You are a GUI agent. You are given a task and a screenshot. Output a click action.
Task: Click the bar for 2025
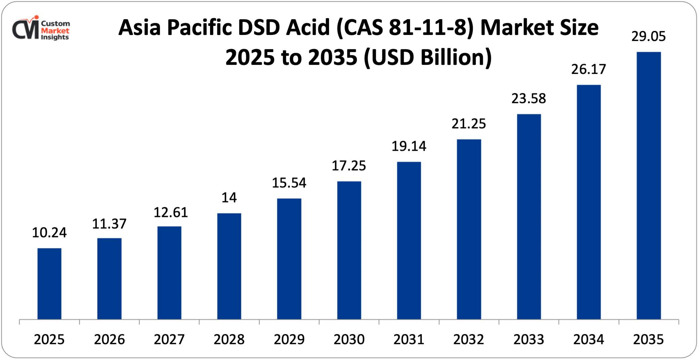click(49, 284)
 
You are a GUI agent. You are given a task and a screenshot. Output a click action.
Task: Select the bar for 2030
click(349, 250)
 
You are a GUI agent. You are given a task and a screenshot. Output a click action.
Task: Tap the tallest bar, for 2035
click(649, 185)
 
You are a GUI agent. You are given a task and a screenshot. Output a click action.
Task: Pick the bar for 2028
click(229, 266)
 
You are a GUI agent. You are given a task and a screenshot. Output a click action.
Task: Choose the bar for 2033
click(529, 217)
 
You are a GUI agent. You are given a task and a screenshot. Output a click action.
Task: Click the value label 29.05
click(648, 37)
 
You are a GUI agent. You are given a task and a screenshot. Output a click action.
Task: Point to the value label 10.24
click(49, 233)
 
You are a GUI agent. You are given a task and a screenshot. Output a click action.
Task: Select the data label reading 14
click(229, 198)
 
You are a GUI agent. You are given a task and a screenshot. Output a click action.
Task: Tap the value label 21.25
click(469, 124)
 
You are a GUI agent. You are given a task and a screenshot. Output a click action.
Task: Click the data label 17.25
click(349, 166)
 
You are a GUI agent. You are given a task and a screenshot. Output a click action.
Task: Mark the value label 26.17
click(588, 70)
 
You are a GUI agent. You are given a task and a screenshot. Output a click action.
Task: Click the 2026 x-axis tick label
click(109, 340)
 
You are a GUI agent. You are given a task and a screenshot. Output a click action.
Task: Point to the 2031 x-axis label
click(409, 340)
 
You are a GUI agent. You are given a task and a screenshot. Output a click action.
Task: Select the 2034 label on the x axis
click(588, 340)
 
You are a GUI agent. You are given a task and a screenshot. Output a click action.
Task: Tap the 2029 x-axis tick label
click(289, 340)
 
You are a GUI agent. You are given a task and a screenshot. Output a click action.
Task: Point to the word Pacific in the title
click(200, 28)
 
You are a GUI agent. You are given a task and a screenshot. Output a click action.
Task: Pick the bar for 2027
click(169, 273)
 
